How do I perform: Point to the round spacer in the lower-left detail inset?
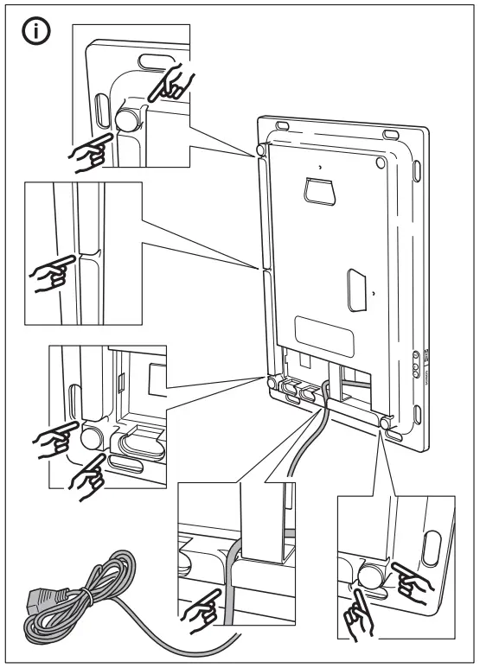[90, 437]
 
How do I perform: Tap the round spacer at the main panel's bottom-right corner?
[385, 423]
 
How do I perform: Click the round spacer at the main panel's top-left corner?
[260, 153]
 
